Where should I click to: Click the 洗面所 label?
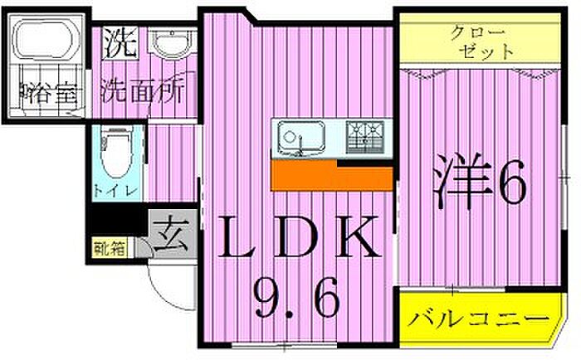pyautogui.click(x=142, y=90)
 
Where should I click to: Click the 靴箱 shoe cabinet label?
pyautogui.click(x=109, y=246)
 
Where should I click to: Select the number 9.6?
pyautogui.click(x=295, y=299)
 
